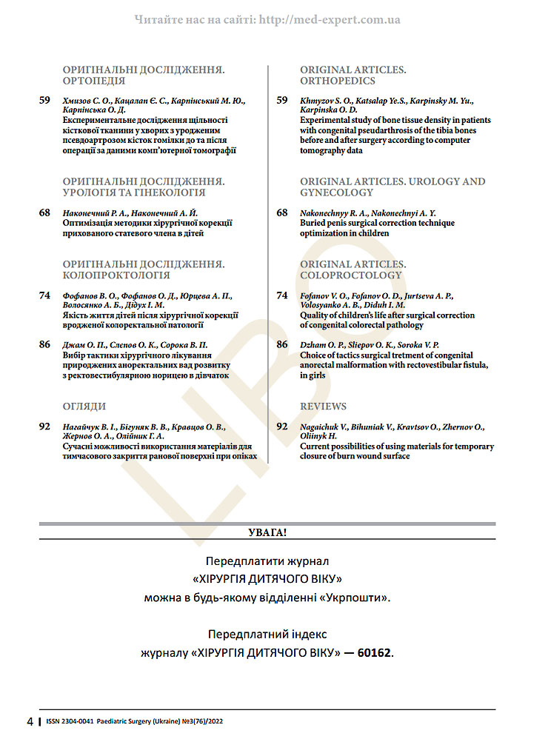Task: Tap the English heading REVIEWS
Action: [323, 407]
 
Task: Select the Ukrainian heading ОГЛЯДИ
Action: [84, 407]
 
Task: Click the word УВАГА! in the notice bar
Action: [267, 532]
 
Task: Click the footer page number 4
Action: [30, 721]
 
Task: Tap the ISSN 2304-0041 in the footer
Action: [70, 721]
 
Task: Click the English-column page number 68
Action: [282, 213]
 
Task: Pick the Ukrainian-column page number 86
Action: [45, 344]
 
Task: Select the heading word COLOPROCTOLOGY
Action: [350, 275]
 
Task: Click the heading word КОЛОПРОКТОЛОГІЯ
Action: [116, 275]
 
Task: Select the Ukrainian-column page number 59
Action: [45, 100]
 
